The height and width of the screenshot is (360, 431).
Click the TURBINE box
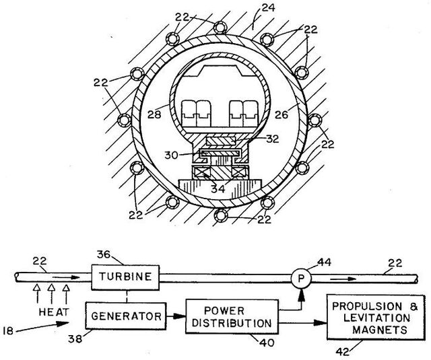tap(125, 277)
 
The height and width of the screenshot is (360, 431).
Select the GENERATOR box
tap(126, 316)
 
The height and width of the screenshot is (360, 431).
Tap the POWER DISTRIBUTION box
tap(232, 317)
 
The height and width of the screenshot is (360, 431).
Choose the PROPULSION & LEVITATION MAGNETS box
tap(376, 318)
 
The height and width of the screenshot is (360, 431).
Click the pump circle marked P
tap(301, 279)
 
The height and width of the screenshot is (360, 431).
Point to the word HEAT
tap(54, 312)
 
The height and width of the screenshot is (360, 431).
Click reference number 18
tap(8, 331)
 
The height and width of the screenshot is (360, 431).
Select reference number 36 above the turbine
tap(103, 255)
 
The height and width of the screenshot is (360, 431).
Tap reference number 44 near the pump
tap(325, 262)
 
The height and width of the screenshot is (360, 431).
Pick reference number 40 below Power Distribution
tap(267, 343)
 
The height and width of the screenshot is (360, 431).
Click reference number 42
tap(343, 351)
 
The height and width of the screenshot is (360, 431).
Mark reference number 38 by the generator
tap(75, 339)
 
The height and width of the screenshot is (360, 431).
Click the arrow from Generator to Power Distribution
tap(176, 316)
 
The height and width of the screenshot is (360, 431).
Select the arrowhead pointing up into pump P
tap(301, 294)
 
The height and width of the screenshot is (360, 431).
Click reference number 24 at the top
tap(268, 7)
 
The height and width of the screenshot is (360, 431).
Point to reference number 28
tap(154, 114)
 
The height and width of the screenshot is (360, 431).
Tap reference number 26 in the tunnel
tap(281, 114)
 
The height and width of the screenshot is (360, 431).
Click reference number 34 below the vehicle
tap(218, 188)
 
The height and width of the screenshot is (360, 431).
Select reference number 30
tap(172, 155)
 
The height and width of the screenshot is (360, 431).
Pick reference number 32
tap(272, 139)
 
